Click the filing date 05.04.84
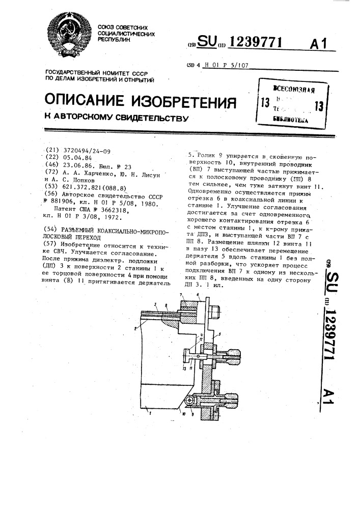(x=77, y=158)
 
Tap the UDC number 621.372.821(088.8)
(x=93, y=187)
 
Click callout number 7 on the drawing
(x=181, y=295)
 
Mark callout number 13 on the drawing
(x=183, y=367)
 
